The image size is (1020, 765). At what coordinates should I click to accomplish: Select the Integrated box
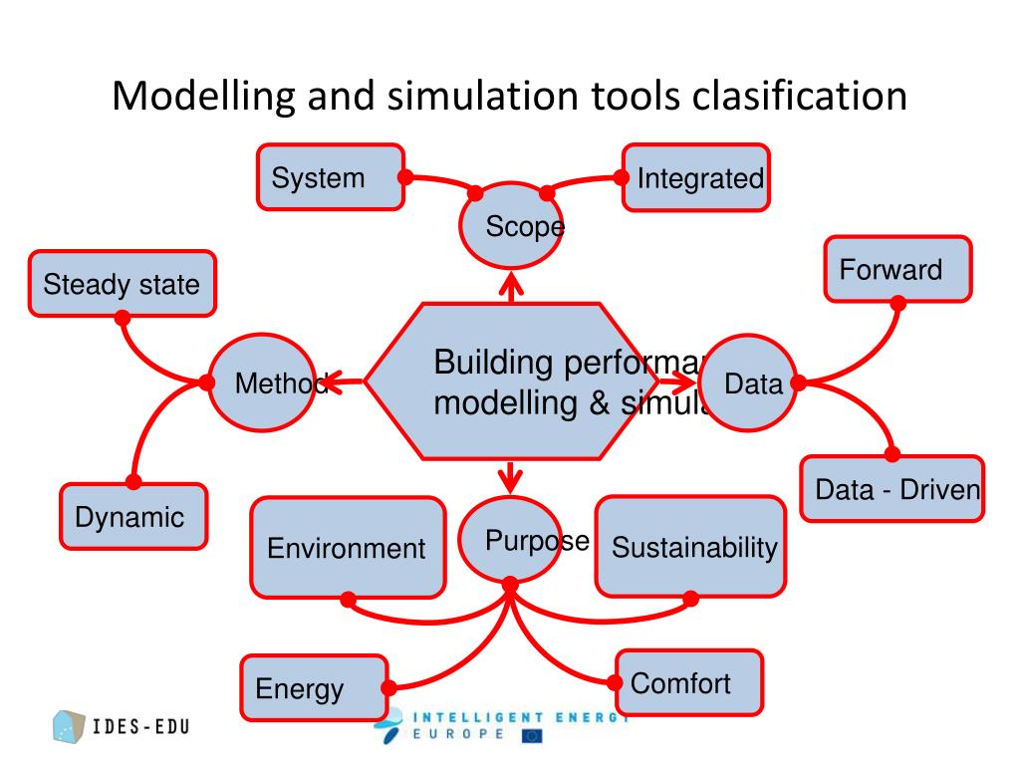coord(696,178)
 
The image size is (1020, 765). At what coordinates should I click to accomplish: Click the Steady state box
coord(123,284)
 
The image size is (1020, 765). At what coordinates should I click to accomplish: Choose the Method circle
coord(262,382)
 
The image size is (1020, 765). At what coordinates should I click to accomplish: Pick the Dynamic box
coord(133,516)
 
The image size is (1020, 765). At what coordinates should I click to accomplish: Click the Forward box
coord(897,269)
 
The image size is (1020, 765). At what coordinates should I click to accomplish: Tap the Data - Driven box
coord(892,488)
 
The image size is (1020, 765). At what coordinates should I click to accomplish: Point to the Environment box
coord(348,547)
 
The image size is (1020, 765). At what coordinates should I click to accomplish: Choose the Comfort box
coord(689,682)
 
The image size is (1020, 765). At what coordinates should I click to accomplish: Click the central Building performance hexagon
coord(511,382)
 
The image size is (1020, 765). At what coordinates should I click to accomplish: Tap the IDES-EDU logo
coord(121,726)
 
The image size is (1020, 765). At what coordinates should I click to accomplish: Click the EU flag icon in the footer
coord(532,736)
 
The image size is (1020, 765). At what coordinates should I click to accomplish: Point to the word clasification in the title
coord(800,97)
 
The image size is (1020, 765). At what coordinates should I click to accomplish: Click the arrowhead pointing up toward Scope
coord(512,287)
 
